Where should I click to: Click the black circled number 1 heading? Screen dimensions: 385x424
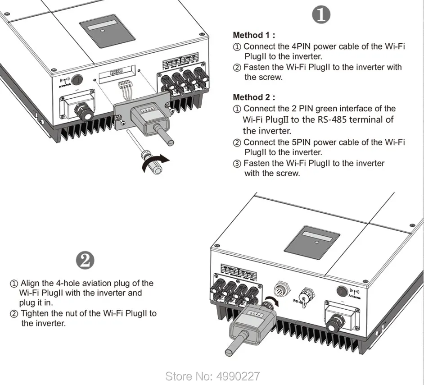[321, 15]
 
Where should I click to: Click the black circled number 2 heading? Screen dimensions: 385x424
[86, 260]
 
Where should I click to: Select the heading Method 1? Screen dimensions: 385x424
[254, 35]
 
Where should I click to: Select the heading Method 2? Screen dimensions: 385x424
[254, 97]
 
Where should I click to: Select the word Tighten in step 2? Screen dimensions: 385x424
[36, 313]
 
